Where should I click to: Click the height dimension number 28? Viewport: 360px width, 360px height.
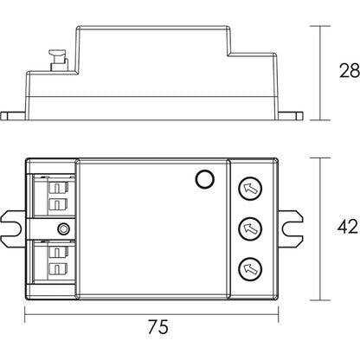click(x=348, y=71)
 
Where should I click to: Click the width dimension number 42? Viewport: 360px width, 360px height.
click(x=348, y=226)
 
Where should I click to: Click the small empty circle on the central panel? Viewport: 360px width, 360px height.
click(x=204, y=180)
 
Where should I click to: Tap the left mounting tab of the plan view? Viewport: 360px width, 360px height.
click(x=13, y=227)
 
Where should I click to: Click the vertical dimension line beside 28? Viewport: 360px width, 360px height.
click(x=322, y=71)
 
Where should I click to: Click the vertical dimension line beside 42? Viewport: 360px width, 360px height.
click(x=322, y=226)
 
